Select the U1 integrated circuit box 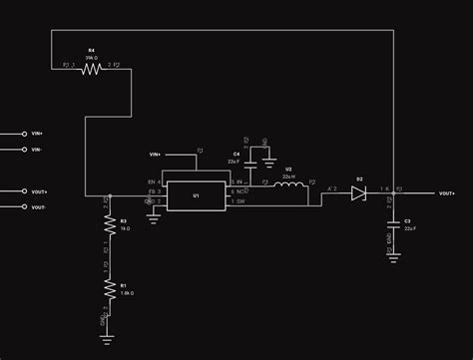[x=197, y=195]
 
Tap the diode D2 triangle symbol [x=358, y=193]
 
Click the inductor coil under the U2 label [x=288, y=185]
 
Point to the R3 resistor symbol [x=109, y=227]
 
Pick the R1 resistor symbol [x=109, y=290]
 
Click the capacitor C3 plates [x=393, y=220]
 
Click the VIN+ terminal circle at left [x=24, y=133]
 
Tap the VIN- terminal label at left [x=38, y=150]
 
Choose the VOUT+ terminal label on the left [x=41, y=191]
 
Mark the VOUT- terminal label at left [x=40, y=207]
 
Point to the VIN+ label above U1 [x=156, y=155]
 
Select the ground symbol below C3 [x=393, y=258]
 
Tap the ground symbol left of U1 [x=154, y=216]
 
